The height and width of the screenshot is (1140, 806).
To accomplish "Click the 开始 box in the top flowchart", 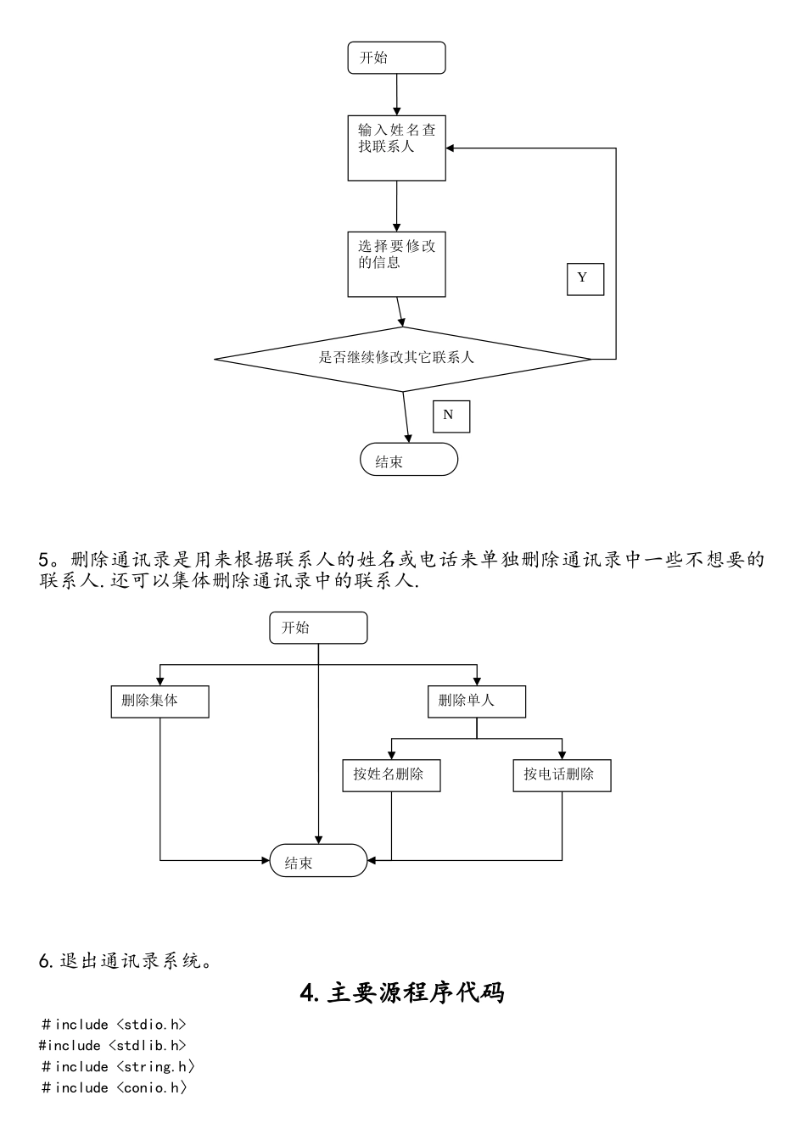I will point(396,58).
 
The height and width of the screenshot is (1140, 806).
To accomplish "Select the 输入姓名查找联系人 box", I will point(396,148).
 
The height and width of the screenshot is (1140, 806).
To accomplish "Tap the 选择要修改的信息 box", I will point(396,264).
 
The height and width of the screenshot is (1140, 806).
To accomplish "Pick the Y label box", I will point(585,278).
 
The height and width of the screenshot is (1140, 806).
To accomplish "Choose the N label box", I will point(451,416).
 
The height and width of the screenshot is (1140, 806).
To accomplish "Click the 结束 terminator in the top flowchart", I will point(409,460).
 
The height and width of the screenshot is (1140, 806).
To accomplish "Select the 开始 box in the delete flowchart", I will point(318,628).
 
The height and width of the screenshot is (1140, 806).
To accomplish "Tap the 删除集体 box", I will point(160,701).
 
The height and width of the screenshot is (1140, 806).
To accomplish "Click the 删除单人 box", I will point(476,701).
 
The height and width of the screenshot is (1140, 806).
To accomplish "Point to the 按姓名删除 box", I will point(391,775).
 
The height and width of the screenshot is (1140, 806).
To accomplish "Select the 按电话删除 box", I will point(561,775).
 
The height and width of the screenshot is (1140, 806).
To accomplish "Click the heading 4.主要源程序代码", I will point(402,992).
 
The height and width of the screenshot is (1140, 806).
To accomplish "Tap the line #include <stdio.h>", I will point(113,1025).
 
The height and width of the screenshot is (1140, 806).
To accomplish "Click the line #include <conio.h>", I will point(114,1088).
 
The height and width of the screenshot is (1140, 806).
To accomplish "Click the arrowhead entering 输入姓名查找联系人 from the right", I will point(451,148).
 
